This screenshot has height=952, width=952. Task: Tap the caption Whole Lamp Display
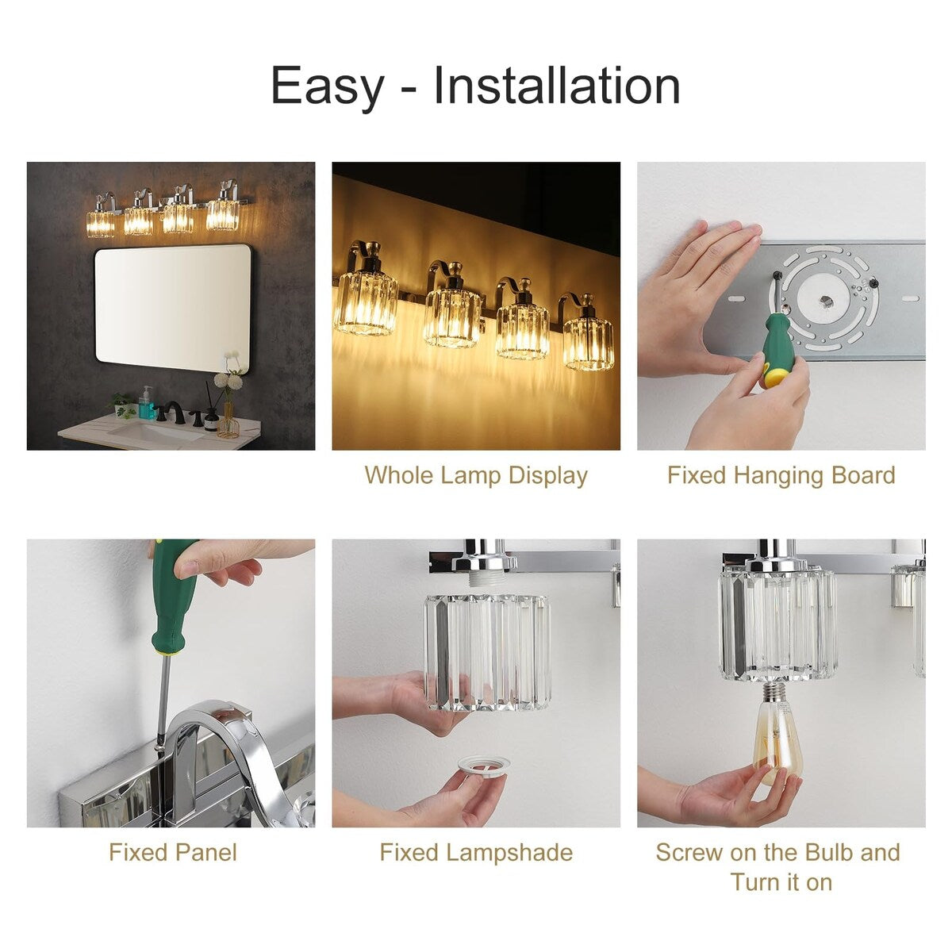[476, 475]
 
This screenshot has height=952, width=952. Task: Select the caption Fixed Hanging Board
[781, 475]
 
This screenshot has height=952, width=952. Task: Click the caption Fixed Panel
[172, 853]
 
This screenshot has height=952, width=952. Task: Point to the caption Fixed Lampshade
[476, 853]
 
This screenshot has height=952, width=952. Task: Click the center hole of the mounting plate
[825, 301]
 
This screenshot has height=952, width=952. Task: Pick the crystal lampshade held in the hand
[488, 651]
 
